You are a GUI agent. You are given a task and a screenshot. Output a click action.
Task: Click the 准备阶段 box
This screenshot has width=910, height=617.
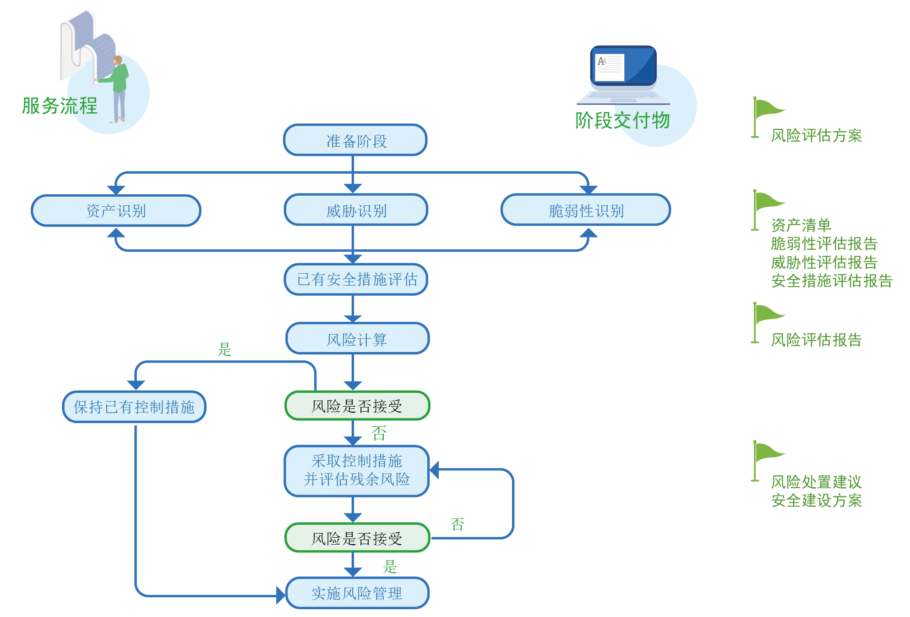coord(355,140)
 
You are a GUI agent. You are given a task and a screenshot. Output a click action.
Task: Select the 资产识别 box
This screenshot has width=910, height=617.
coord(116,211)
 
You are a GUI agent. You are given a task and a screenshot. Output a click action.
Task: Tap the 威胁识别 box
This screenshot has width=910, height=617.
coord(356,211)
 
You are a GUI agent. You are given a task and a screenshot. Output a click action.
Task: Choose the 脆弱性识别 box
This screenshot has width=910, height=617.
coord(586,211)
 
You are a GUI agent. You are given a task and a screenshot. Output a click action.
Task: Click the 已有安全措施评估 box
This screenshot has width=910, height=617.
coord(356,279)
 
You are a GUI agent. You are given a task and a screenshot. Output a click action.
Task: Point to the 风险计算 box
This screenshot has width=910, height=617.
coord(357,339)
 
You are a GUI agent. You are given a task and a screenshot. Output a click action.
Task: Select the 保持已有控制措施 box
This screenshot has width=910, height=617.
coord(134,407)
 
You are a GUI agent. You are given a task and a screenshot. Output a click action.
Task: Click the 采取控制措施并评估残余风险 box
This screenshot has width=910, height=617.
coord(356,470)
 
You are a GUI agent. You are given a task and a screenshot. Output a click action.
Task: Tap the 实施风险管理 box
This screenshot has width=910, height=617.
coord(357,593)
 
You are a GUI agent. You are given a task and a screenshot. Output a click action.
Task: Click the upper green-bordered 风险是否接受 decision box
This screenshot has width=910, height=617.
coord(357,406)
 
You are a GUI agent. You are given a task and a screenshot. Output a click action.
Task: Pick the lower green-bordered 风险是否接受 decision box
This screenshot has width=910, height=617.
coord(357,538)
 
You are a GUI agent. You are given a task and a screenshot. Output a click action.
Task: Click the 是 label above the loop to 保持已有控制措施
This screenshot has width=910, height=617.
coord(224,349)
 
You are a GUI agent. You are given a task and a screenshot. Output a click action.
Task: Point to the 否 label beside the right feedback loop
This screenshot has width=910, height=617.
coord(458,524)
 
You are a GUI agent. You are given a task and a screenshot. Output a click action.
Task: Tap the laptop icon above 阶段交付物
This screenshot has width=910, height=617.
coord(623,73)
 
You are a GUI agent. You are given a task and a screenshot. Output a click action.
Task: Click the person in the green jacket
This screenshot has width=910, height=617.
coord(119,87)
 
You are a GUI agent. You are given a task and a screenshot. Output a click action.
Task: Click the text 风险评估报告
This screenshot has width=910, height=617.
coord(816,340)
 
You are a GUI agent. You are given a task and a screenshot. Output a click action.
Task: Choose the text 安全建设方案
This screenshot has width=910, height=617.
coord(816,501)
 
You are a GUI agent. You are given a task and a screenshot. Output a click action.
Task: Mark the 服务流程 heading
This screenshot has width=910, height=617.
coord(60,106)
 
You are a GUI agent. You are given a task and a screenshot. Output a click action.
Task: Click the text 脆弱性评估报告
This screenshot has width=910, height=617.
coord(823,243)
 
